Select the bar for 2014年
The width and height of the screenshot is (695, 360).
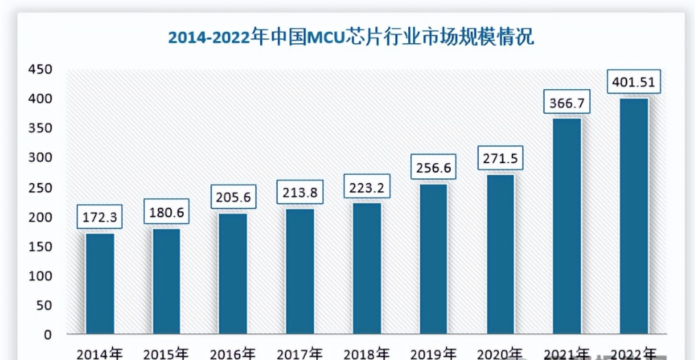99,284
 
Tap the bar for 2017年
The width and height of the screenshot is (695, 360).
300,272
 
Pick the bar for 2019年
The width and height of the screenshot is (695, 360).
433,259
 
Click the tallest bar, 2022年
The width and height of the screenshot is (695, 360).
633,216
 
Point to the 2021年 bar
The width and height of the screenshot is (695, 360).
567,226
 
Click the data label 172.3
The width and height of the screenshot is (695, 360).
100,218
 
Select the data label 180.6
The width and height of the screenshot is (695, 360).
167,212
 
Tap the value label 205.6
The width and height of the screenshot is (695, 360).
233,197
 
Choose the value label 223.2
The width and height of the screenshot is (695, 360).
366,187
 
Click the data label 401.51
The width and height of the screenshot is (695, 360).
633,83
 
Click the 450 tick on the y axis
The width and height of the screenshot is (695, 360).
40,70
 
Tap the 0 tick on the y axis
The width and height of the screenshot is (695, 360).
48,335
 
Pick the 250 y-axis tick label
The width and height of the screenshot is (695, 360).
40,188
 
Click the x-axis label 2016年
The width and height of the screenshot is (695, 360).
233,354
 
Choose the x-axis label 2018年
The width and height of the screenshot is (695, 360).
366,354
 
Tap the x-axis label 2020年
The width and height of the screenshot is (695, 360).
499,354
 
